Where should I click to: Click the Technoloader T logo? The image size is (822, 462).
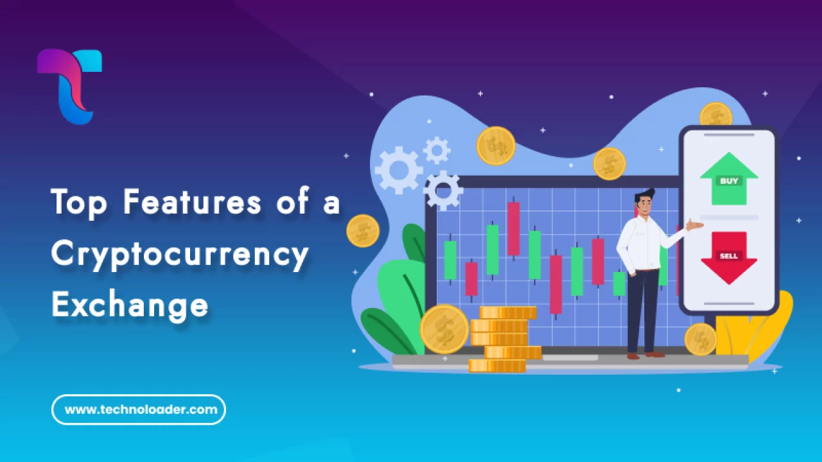coord(69,86)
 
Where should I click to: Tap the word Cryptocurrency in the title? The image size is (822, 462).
coord(180,254)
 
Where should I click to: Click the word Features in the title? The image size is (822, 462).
coord(192,202)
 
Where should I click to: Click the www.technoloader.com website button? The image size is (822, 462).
coord(139,409)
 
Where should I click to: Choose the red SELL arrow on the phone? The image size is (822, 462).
coord(729,257)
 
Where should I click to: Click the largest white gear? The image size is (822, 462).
coord(399,170)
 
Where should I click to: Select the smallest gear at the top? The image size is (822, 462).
coord(437,150)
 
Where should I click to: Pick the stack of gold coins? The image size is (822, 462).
coord(504,340)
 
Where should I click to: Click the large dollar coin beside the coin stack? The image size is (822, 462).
coord(444,329)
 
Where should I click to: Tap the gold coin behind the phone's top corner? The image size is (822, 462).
coord(715,116)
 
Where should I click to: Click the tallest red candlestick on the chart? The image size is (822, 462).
coord(513,228)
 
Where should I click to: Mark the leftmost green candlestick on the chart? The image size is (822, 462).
coord(450,260)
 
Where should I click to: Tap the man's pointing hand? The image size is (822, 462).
coord(693,224)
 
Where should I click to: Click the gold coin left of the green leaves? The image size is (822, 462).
coord(363,230)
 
